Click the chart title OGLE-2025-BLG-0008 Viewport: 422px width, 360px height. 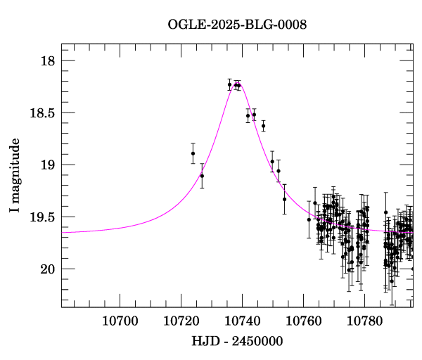tap(237, 25)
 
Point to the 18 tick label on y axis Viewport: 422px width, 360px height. tap(47, 61)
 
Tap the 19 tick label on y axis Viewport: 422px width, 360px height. tap(47, 165)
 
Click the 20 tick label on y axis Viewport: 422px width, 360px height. tap(47, 269)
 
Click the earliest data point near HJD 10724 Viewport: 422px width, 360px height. tap(193, 153)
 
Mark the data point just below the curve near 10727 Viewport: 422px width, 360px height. tap(202, 176)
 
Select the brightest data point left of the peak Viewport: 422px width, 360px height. tap(229, 84)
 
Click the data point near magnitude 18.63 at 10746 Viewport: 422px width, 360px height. tap(263, 126)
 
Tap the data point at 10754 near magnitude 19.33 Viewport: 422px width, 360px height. tap(285, 199)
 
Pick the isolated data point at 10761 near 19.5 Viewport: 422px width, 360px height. tap(309, 219)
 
